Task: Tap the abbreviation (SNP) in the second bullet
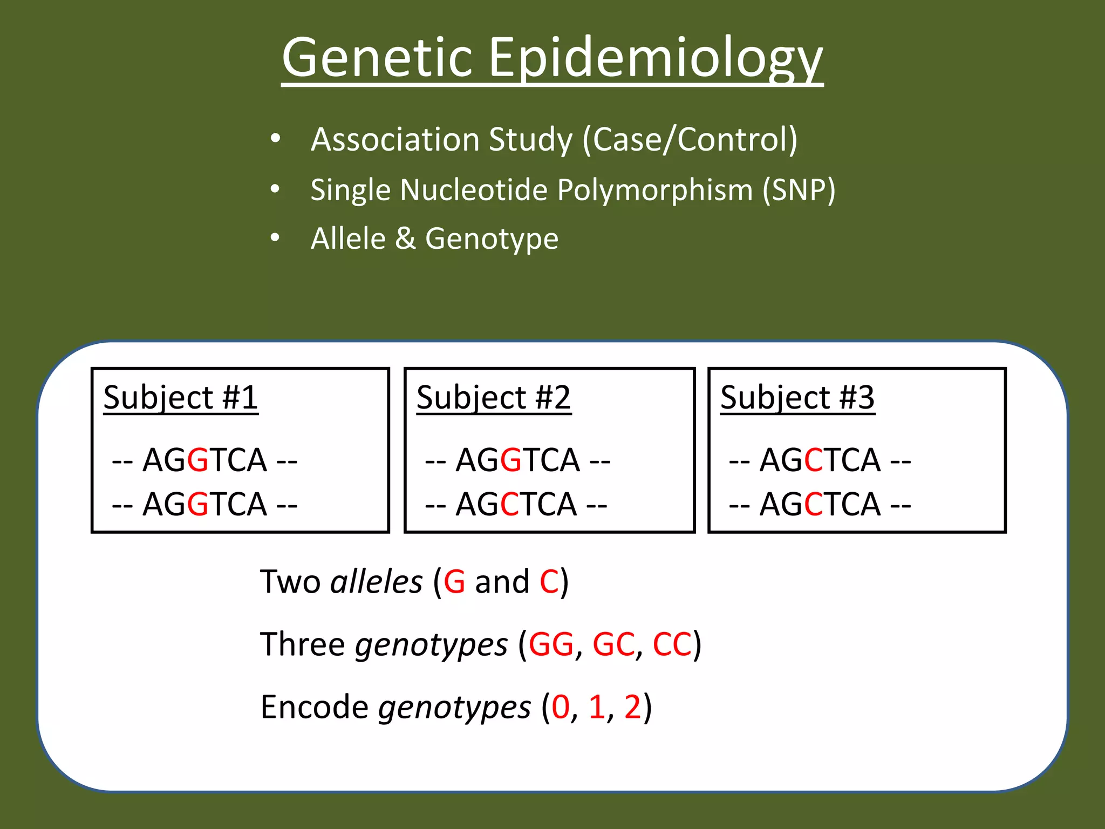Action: point(799,190)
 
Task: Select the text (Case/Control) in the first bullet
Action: point(690,139)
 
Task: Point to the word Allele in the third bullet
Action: point(349,239)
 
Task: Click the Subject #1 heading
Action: point(181,398)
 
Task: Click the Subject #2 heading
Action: point(494,398)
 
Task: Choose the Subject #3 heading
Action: point(797,398)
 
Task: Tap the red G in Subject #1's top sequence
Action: point(199,460)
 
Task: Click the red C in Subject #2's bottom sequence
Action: point(509,505)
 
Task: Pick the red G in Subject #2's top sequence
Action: point(511,460)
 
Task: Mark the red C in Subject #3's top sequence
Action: point(813,460)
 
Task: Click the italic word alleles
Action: point(376,582)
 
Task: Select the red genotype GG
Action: point(551,644)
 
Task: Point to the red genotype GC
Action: point(613,644)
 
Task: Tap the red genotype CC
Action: point(672,644)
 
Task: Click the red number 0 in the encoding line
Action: point(561,707)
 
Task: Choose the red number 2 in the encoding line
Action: point(632,707)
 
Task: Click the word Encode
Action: point(314,707)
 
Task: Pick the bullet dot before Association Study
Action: point(275,139)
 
